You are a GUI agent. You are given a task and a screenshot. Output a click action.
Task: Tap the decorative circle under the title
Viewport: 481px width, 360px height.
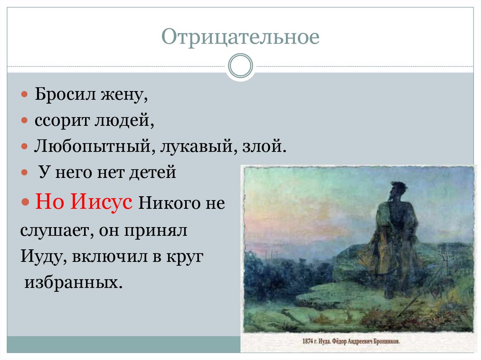point(240,65)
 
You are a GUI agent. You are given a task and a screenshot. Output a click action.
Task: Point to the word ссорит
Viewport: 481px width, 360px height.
point(61,121)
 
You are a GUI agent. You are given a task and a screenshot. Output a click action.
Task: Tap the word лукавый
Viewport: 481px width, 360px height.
point(193,147)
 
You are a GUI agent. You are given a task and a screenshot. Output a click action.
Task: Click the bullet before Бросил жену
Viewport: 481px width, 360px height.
point(25,95)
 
